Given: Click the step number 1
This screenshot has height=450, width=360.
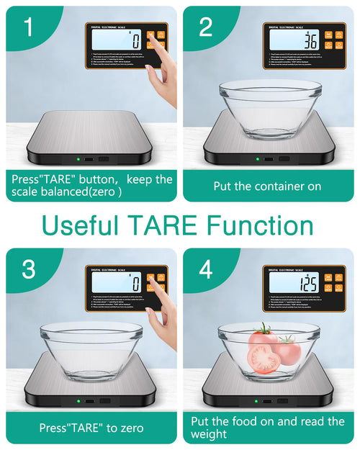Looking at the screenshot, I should point(27,27).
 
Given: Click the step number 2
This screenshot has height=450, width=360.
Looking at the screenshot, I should point(206,27).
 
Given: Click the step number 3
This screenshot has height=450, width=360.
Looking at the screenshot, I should point(28,269).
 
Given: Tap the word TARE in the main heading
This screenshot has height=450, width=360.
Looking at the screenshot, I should point(161,225).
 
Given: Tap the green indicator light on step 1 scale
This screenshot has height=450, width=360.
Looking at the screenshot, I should point(75,159).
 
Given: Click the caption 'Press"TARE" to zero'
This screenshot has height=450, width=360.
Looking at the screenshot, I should point(91,428).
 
